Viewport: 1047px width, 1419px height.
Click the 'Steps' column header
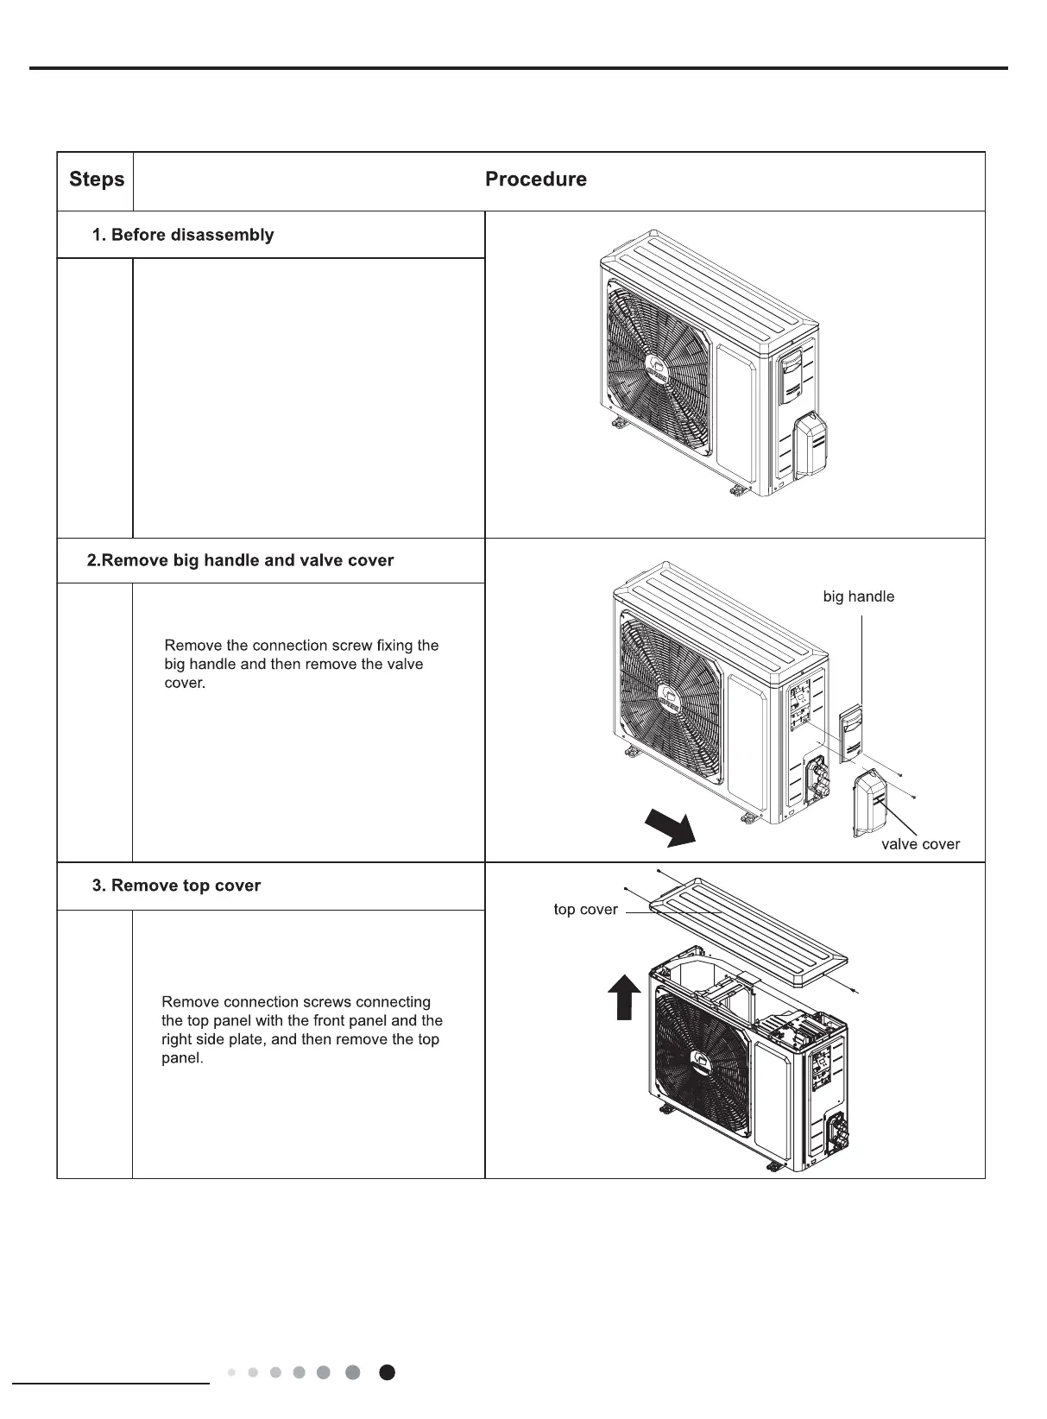97,180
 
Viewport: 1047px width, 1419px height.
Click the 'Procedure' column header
535,180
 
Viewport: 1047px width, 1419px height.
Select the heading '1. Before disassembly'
183,235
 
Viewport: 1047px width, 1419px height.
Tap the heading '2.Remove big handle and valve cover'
240,560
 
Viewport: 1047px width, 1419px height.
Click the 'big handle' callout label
858,596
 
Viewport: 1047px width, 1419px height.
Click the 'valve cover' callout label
919,844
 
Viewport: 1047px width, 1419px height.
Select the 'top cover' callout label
585,910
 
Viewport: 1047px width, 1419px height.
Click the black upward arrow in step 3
626,995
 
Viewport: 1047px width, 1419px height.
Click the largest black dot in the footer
388,1372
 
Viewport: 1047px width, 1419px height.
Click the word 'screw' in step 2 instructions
354,646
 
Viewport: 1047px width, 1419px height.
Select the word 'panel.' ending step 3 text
182,1058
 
